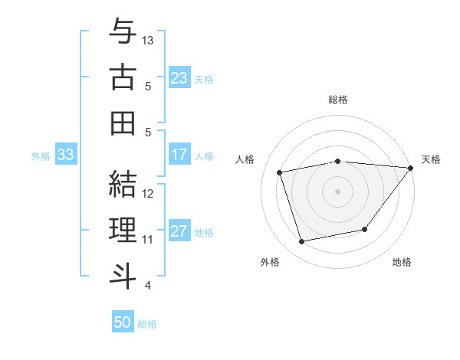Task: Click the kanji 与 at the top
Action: [123, 32]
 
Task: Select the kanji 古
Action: [123, 77]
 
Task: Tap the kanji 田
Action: [123, 123]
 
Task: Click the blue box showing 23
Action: [179, 77]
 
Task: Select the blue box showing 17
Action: [179, 155]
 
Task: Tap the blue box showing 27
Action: [179, 231]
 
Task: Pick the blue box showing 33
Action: [65, 155]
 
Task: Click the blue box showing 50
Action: [123, 322]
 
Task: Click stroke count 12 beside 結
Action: [148, 193]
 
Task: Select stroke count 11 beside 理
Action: [148, 239]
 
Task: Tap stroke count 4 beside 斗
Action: [147, 285]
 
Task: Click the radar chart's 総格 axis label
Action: [338, 100]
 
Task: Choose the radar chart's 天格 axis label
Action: [432, 159]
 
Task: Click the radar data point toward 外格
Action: [302, 241]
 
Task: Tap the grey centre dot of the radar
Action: [338, 191]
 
